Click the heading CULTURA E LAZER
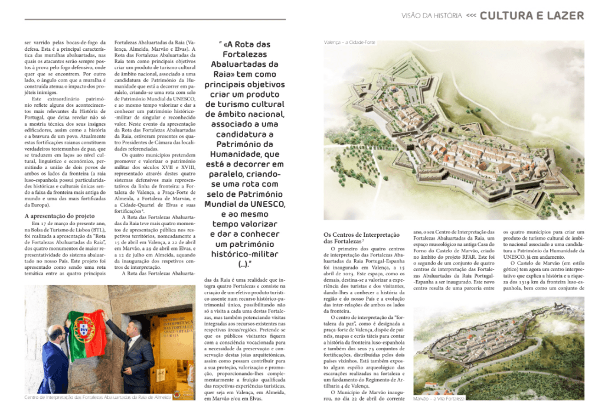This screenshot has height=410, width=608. click(x=532, y=15)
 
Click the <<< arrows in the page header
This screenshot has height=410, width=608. click(x=471, y=16)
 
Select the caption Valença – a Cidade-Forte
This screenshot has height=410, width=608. click(x=349, y=43)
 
